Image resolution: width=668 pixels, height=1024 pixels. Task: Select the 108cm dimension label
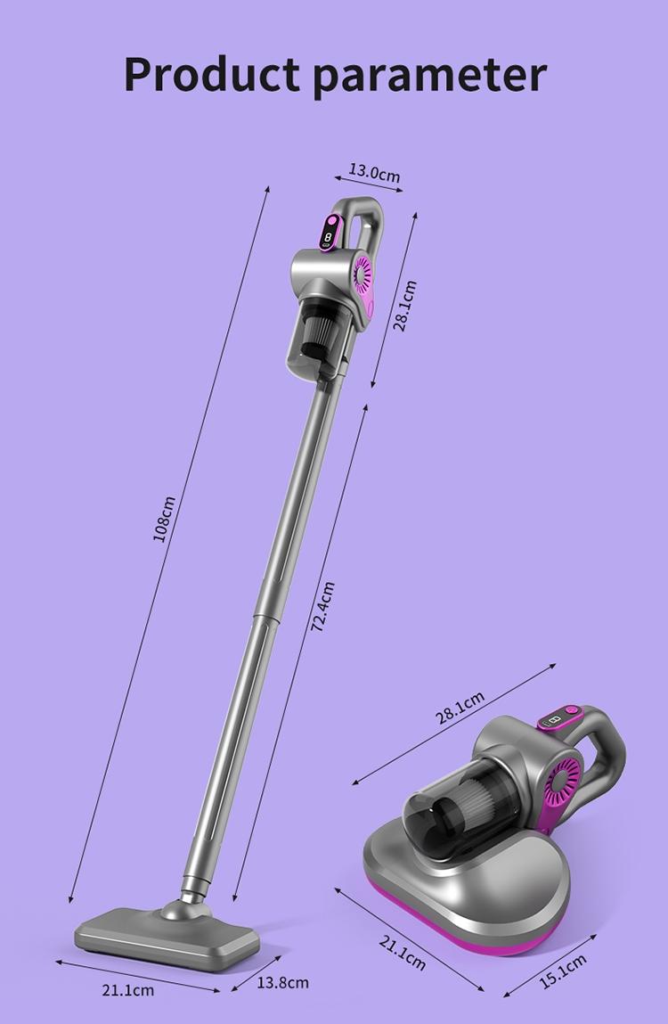click(x=165, y=519)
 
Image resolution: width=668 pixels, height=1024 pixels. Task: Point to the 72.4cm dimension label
click(x=322, y=607)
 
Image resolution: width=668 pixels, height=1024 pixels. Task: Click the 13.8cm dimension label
click(x=282, y=982)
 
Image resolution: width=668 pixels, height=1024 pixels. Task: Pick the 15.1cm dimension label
click(x=563, y=971)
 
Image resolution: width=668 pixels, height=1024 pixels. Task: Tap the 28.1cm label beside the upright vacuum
click(x=405, y=306)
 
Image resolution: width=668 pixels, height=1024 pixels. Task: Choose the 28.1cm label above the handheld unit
click(x=460, y=709)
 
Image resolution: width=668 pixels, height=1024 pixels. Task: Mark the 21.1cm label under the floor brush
click(x=128, y=990)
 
